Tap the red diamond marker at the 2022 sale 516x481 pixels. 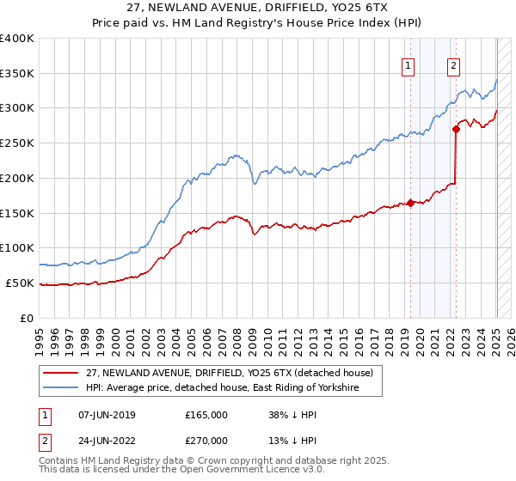click(x=456, y=130)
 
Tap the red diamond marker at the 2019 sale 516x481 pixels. click(x=410, y=203)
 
